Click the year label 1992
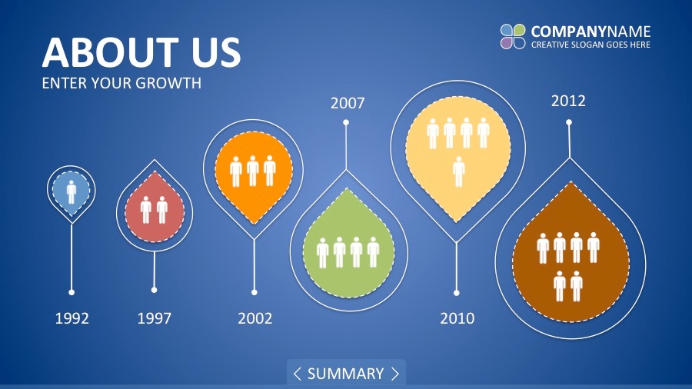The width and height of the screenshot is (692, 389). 72,318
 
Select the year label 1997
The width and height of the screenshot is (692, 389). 154,318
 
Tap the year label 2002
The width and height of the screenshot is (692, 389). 255,318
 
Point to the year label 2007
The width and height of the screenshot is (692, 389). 348,103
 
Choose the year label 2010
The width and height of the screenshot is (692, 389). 457,318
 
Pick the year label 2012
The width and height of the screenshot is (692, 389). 568,101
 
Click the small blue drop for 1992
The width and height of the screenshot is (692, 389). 71,192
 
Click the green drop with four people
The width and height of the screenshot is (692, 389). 348,244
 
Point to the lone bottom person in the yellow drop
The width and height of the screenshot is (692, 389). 458,171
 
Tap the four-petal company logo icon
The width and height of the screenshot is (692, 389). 513,36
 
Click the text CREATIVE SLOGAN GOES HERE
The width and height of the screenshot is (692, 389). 591,45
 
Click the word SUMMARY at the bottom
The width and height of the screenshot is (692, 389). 345,374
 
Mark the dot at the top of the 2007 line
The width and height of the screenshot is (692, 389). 346,122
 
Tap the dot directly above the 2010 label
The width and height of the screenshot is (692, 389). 456,293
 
